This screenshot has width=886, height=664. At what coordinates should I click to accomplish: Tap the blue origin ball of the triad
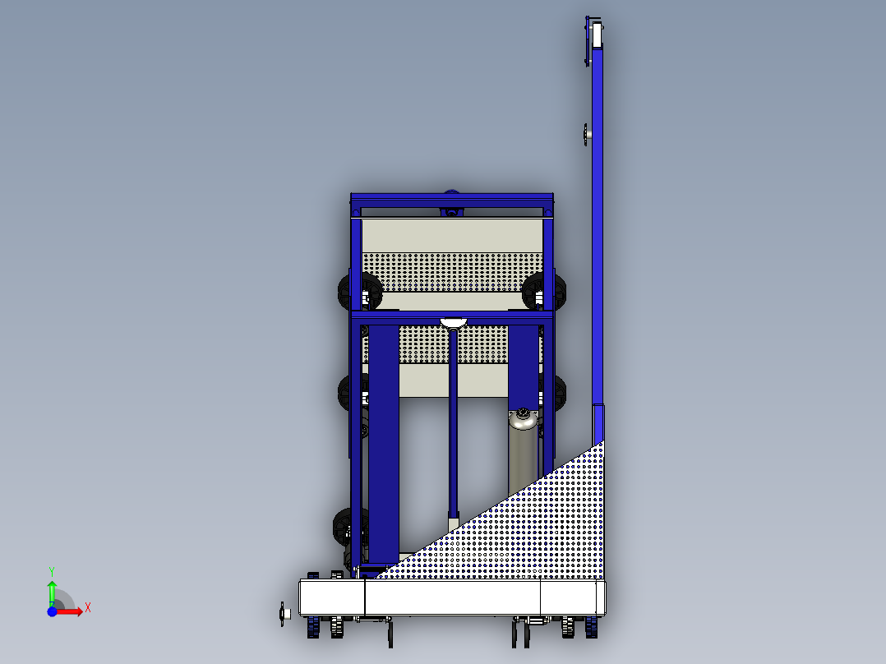coord(52,611)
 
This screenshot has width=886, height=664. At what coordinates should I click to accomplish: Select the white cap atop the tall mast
coord(596,35)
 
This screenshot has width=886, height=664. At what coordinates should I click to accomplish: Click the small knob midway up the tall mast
coord(586,133)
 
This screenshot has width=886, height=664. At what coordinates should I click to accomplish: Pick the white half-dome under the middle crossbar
coord(453,323)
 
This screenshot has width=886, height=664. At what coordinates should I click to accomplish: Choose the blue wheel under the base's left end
coord(315,629)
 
